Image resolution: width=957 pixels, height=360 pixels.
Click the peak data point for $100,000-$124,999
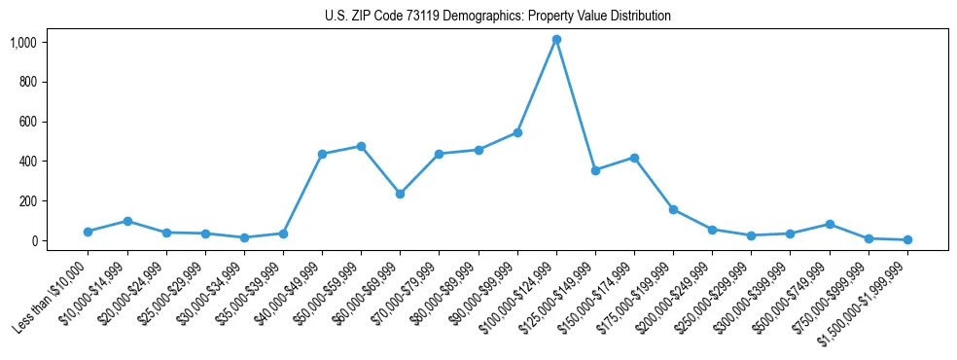click(x=556, y=40)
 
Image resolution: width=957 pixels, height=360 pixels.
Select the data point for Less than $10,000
click(x=89, y=232)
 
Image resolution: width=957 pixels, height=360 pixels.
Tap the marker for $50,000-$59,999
click(x=361, y=146)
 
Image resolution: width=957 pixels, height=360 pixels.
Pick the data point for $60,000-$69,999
click(x=400, y=194)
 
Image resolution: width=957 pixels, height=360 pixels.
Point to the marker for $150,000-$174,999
click(x=634, y=158)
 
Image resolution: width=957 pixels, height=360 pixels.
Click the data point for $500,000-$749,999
click(x=830, y=224)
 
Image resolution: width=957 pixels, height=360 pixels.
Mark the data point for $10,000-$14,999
click(x=127, y=221)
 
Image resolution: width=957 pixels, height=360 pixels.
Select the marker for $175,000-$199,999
click(x=673, y=209)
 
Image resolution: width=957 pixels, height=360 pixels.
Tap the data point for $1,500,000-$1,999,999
click(x=907, y=239)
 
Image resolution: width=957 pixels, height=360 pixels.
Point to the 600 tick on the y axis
click(x=27, y=122)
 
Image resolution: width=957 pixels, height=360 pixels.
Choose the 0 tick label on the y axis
click(x=33, y=240)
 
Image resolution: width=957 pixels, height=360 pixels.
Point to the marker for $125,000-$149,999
click(x=595, y=170)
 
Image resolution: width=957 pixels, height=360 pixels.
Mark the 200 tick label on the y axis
click(x=27, y=200)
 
